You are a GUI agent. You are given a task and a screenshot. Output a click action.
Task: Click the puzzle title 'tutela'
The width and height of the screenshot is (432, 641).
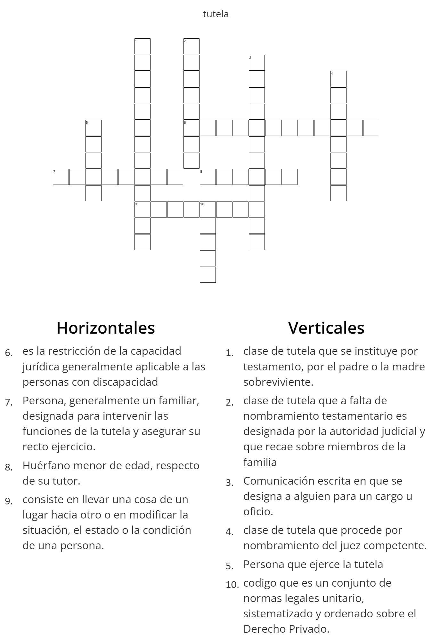pyautogui.click(x=216, y=14)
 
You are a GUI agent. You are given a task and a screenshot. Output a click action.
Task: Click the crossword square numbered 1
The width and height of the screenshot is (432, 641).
pyautogui.click(x=143, y=46)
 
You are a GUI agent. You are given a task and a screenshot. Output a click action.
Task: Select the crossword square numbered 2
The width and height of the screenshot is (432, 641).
pyautogui.click(x=192, y=46)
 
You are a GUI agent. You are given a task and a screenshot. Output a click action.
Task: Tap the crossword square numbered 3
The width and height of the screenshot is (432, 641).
pyautogui.click(x=257, y=63)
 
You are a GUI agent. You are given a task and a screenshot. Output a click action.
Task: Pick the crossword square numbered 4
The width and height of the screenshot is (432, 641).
pyautogui.click(x=338, y=79)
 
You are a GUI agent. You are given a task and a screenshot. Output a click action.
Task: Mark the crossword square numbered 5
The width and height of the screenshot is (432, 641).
pyautogui.click(x=94, y=128)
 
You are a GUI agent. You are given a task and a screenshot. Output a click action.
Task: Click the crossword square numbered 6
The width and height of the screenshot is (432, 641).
pyautogui.click(x=192, y=128)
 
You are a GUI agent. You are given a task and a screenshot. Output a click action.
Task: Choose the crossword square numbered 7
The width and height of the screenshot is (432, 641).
pyautogui.click(x=61, y=177)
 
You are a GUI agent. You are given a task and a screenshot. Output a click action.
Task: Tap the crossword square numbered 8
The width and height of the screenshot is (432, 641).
pyautogui.click(x=208, y=177)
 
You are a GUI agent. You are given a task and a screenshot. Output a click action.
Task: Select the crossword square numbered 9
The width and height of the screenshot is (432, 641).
pyautogui.click(x=143, y=210)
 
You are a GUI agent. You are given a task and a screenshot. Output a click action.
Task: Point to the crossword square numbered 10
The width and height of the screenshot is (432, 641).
pyautogui.click(x=208, y=210)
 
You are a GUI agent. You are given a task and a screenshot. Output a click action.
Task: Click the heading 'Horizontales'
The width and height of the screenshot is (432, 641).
pyautogui.click(x=106, y=328)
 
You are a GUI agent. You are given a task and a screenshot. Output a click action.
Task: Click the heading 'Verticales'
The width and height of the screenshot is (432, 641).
pyautogui.click(x=326, y=328)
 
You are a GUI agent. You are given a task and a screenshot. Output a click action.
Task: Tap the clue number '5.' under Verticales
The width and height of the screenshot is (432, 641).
pyautogui.click(x=230, y=566)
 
